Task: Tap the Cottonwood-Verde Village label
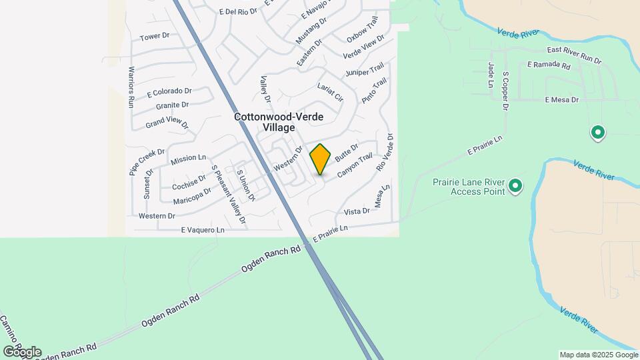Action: [279, 122]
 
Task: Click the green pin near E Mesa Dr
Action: [598, 133]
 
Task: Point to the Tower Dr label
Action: [151, 36]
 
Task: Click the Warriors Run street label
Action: [131, 87]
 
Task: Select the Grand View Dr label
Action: [167, 123]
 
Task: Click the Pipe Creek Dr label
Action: [142, 162]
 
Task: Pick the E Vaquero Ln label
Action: [203, 230]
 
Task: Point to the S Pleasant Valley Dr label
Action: [228, 193]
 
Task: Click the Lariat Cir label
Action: [330, 93]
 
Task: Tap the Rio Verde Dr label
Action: [386, 153]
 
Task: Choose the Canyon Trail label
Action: [354, 166]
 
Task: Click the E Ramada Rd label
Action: [549, 66]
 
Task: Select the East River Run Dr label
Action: [574, 55]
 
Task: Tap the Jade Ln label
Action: [490, 75]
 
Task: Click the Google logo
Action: [22, 351]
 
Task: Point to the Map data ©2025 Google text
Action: [597, 355]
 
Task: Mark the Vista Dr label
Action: [356, 211]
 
